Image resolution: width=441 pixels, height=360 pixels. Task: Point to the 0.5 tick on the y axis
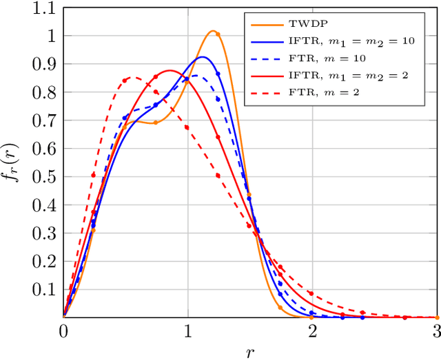pyautogui.click(x=45, y=176)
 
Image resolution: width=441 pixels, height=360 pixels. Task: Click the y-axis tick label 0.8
pyautogui.click(x=45, y=92)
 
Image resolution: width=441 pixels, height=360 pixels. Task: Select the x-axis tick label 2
pyautogui.click(x=313, y=330)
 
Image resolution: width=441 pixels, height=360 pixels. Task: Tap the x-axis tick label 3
pyautogui.click(x=437, y=330)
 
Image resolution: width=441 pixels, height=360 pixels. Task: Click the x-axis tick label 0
pyautogui.click(x=63, y=330)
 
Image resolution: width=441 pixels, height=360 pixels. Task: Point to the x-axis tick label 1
pyautogui.click(x=188, y=330)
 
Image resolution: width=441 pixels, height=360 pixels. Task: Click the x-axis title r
pyautogui.click(x=250, y=352)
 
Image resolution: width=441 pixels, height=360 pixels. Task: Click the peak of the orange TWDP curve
pyautogui.click(x=213, y=31)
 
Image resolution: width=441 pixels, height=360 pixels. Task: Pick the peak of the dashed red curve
pyautogui.click(x=134, y=77)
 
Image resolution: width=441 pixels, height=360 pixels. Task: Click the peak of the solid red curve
pyautogui.click(x=170, y=70)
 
